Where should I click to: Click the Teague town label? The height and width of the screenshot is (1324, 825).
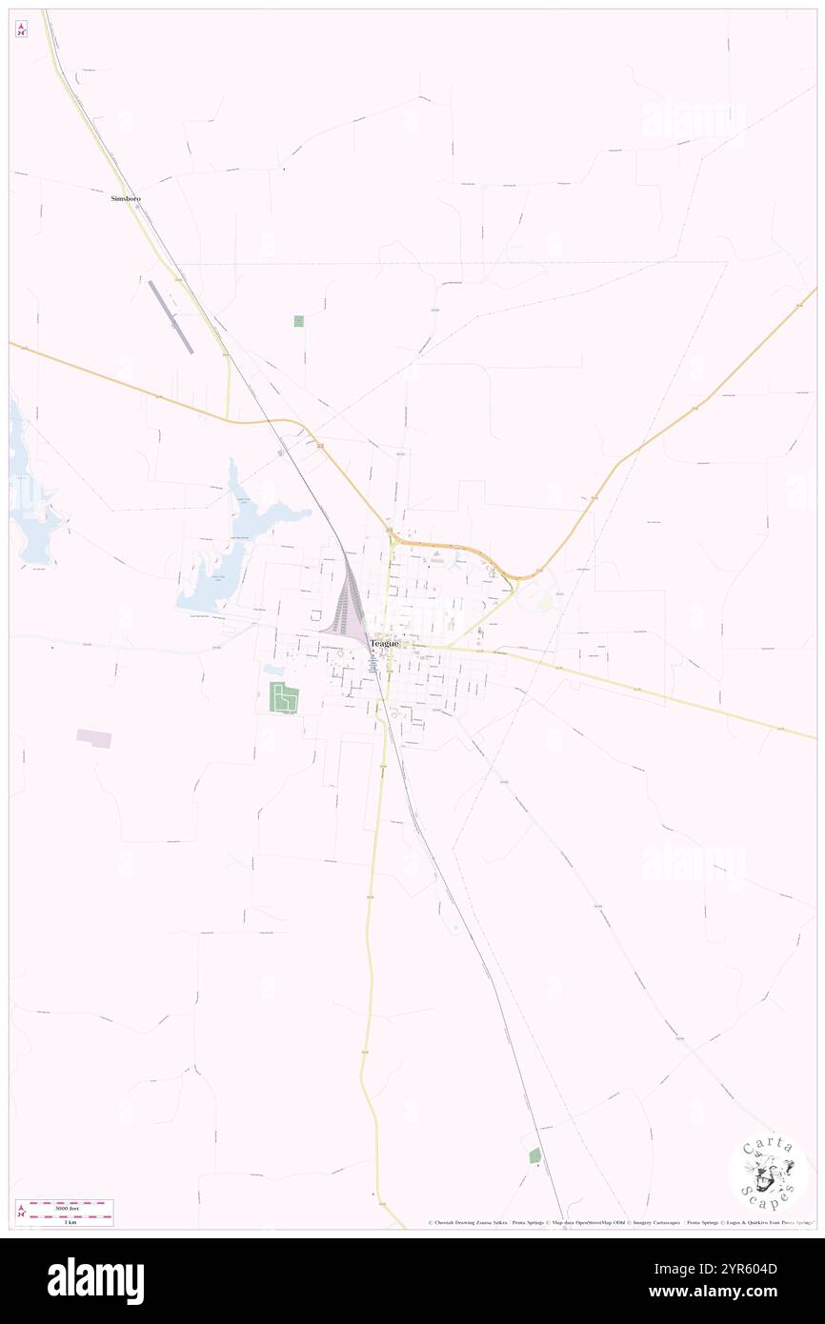click(385, 644)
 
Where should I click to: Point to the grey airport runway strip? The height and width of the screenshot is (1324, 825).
click(171, 317)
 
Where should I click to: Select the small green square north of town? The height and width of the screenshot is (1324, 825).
click(299, 321)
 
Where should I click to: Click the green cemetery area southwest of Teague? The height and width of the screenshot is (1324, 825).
click(284, 698)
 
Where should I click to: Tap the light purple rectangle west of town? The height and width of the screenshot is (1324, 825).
click(94, 738)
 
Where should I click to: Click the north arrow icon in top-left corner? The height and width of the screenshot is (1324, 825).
click(21, 30)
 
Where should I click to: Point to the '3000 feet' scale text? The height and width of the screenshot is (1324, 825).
click(66, 1208)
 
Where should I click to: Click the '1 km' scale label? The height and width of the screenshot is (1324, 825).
click(66, 1221)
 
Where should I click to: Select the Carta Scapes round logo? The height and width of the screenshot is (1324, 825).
click(768, 1172)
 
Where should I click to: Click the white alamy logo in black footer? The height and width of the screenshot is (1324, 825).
click(95, 1281)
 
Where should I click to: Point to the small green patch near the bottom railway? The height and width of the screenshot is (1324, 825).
click(534, 1155)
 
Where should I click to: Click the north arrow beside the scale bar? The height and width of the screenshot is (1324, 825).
click(21, 1213)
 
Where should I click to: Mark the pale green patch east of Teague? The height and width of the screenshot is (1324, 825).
click(545, 601)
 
